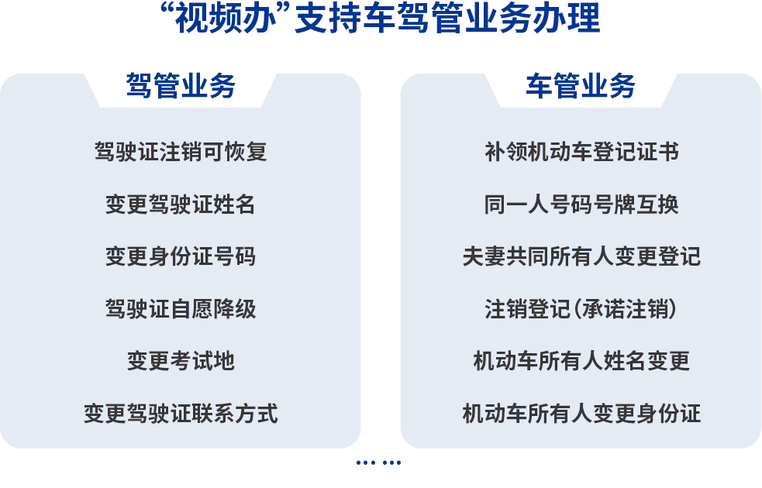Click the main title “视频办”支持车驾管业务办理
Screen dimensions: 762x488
pos(381,19)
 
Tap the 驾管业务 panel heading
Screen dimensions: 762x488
pos(181,86)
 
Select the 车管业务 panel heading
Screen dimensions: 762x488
pos(581,86)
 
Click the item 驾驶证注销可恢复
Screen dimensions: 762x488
pos(181,152)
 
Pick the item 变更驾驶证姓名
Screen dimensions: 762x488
pos(181,204)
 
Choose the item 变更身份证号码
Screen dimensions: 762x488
pos(181,256)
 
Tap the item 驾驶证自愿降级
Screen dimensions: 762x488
pos(181,309)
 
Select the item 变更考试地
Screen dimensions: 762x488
pos(181,361)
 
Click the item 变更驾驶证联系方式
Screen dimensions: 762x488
pos(181,414)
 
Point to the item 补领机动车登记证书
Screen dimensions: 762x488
pos(581,152)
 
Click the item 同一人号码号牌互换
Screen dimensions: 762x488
pos(581,204)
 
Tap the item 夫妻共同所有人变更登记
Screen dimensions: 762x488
pos(581,256)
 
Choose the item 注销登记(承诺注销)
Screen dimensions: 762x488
pos(581,309)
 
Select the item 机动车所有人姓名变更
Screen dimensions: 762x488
pos(581,361)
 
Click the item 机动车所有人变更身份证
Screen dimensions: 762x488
pos(581,414)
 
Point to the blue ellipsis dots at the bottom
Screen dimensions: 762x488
pos(378,462)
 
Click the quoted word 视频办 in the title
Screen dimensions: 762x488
pos(226,19)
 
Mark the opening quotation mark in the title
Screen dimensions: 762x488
pos(167,11)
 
